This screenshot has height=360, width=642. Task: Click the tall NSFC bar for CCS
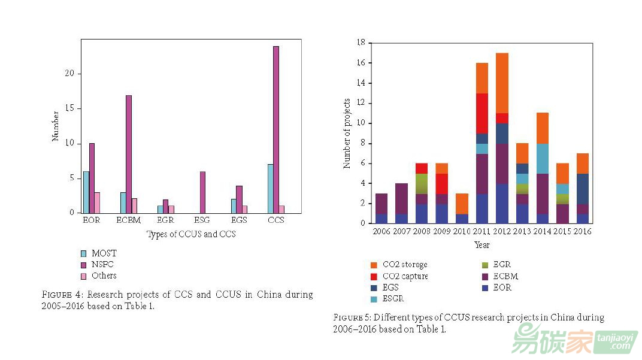pos(276,129)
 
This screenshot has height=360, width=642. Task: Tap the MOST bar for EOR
pos(86,192)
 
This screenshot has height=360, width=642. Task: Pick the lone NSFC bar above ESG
pos(202,192)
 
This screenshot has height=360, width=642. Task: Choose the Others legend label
pos(104,276)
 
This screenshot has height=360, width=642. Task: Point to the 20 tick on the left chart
pos(71,74)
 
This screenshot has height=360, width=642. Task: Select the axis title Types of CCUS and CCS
pos(191,234)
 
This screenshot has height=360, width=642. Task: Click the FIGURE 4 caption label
pos(63,295)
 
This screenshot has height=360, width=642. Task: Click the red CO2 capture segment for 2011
pos(482,113)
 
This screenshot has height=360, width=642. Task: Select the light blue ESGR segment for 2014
pos(542,159)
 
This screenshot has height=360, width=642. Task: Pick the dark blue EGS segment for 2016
pos(583,189)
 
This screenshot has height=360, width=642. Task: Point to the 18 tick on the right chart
pos(361,43)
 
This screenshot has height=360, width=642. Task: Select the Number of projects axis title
pos(347,132)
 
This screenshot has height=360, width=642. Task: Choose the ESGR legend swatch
pos(374,299)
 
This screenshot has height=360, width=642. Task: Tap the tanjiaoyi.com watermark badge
pos(614,342)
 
